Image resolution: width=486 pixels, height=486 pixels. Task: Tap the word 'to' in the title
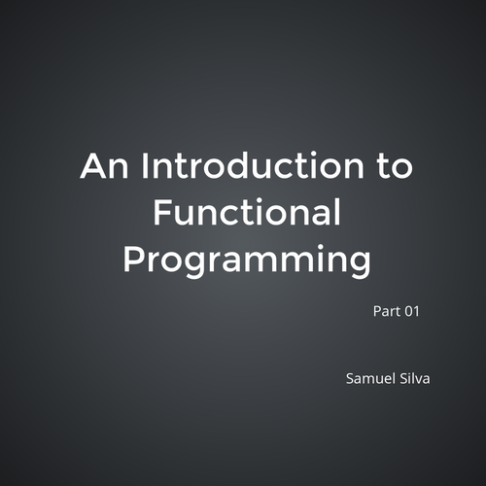coord(393,167)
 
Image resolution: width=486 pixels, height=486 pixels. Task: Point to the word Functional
coord(249,213)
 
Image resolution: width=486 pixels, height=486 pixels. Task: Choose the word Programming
coord(249,260)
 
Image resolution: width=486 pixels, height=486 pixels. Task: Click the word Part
coord(386,312)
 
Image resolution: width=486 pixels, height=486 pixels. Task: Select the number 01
coord(412,312)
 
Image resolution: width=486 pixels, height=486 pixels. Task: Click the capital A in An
coord(93,166)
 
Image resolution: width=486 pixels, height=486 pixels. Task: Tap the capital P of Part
coord(376,312)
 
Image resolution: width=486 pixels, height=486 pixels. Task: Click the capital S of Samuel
coord(351,376)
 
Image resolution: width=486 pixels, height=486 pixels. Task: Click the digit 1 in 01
coord(417,312)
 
